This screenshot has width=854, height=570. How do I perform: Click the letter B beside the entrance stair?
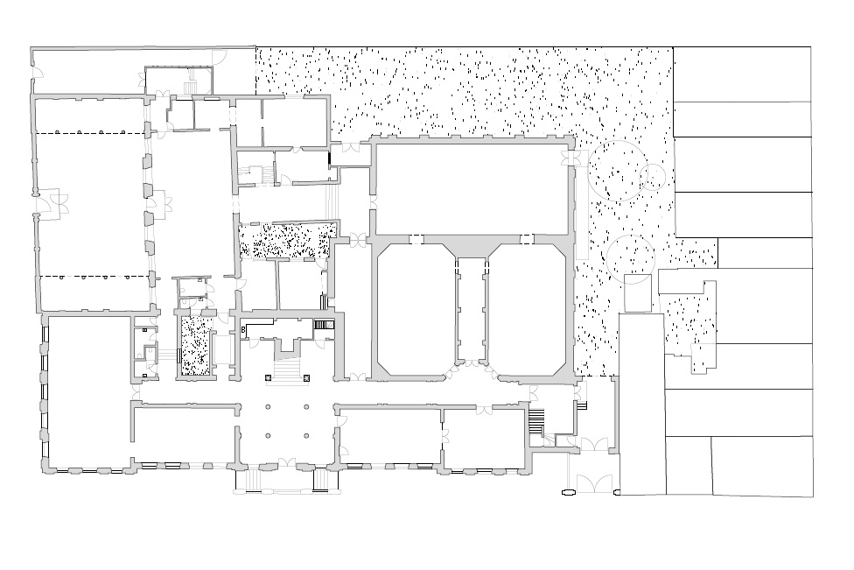tap(243, 330)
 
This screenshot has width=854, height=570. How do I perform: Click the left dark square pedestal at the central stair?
tap(268, 377)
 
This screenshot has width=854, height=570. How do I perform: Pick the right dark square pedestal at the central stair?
tap(306, 377)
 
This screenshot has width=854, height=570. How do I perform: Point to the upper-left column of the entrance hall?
tap(268, 407)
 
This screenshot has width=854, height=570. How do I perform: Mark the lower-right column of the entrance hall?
tap(306, 435)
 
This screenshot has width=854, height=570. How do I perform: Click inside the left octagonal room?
tap(415, 310)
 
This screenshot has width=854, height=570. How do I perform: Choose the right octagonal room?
tap(528, 310)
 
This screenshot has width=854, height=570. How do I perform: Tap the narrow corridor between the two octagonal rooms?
tap(472, 310)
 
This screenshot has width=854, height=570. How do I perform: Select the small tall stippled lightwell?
tap(197, 346)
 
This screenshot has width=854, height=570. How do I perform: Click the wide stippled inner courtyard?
tap(286, 240)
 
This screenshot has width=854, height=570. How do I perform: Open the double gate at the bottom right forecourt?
tap(594, 484)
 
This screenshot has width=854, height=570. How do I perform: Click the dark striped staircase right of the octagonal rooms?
tap(536, 420)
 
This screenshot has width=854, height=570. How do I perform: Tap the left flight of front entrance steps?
tap(255, 480)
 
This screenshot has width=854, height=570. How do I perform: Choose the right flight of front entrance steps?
tap(322, 480)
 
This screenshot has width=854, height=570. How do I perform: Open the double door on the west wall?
tap(53, 203)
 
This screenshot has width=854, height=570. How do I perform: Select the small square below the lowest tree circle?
tap(638, 293)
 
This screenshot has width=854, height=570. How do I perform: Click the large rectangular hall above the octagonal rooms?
tap(472, 190)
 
